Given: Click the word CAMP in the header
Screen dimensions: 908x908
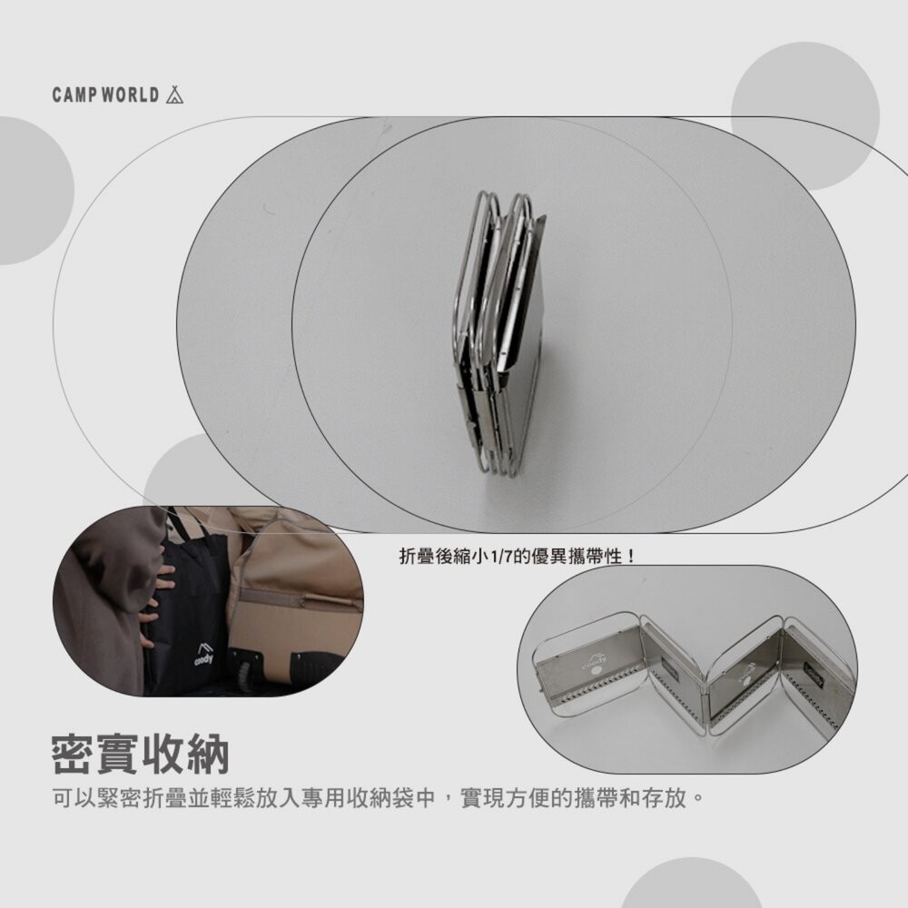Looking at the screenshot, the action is click(x=74, y=95).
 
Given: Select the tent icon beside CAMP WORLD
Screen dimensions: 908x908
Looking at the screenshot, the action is click(x=174, y=94).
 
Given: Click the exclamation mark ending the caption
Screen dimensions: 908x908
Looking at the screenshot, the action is click(x=631, y=558).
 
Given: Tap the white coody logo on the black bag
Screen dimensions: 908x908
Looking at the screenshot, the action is click(x=203, y=653).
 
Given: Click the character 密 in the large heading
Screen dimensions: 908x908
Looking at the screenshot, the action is click(x=74, y=755).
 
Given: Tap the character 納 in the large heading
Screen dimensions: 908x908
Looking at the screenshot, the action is click(x=208, y=755).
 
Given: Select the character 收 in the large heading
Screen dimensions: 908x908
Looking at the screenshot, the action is click(x=163, y=755).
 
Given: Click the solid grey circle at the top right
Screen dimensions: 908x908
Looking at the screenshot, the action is click(x=804, y=116).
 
